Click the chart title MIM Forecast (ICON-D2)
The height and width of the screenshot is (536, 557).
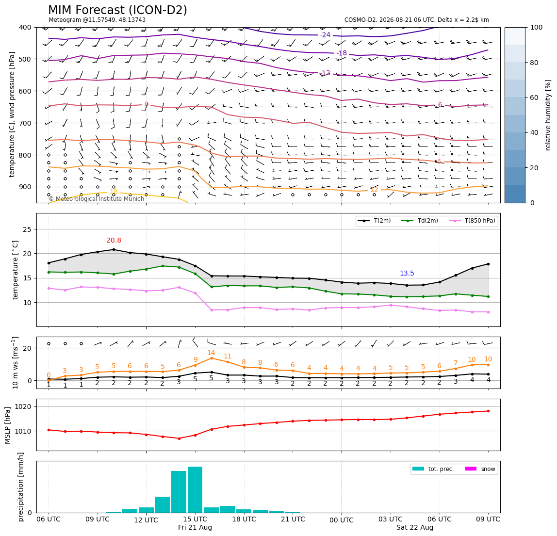(x=117, y=10)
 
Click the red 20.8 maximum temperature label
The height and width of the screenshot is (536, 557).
(x=114, y=241)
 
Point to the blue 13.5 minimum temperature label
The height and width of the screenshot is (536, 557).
(x=407, y=273)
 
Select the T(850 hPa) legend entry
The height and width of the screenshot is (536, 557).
(x=473, y=221)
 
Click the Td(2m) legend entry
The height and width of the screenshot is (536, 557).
(x=420, y=221)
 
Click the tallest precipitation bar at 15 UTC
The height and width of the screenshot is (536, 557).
(x=195, y=489)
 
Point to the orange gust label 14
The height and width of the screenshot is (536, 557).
(x=211, y=353)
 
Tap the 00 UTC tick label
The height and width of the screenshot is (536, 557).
(x=342, y=520)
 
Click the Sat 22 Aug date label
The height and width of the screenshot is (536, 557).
(x=415, y=527)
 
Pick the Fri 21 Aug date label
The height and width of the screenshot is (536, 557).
(x=195, y=527)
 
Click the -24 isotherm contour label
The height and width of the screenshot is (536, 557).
(x=325, y=35)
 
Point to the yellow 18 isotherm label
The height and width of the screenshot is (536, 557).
(x=114, y=192)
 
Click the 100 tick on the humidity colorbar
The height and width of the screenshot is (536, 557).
(x=537, y=27)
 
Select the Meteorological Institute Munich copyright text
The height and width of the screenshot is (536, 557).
(x=97, y=199)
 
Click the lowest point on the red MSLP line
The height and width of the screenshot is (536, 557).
(x=179, y=439)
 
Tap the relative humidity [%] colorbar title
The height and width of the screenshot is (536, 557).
(x=548, y=115)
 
